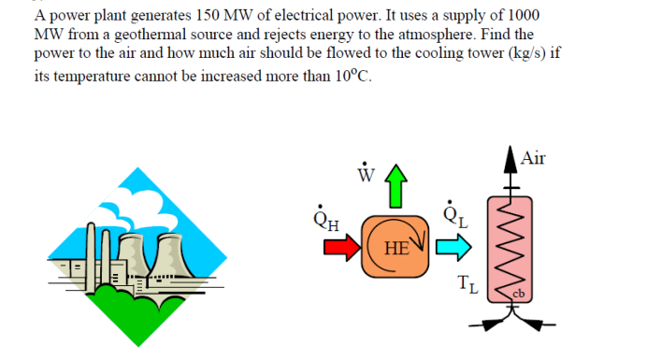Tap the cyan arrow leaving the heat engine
click(453, 247)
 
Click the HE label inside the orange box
click(396, 248)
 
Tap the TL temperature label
click(467, 285)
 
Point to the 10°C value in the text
click(352, 75)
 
